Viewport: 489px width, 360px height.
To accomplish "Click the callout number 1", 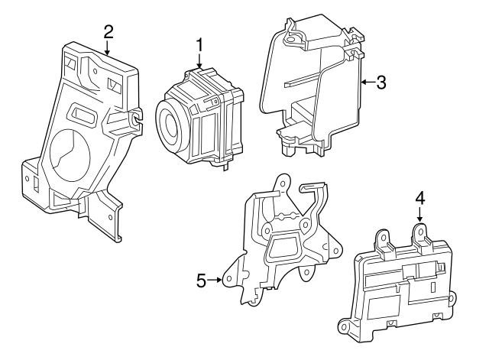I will coord(199,45).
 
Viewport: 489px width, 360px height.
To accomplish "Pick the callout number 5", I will coord(201,281).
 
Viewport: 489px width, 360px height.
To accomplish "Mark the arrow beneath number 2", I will coord(108,47).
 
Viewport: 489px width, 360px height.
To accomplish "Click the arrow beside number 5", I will coord(218,281).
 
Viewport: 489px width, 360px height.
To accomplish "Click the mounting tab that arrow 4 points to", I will coord(419,230).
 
